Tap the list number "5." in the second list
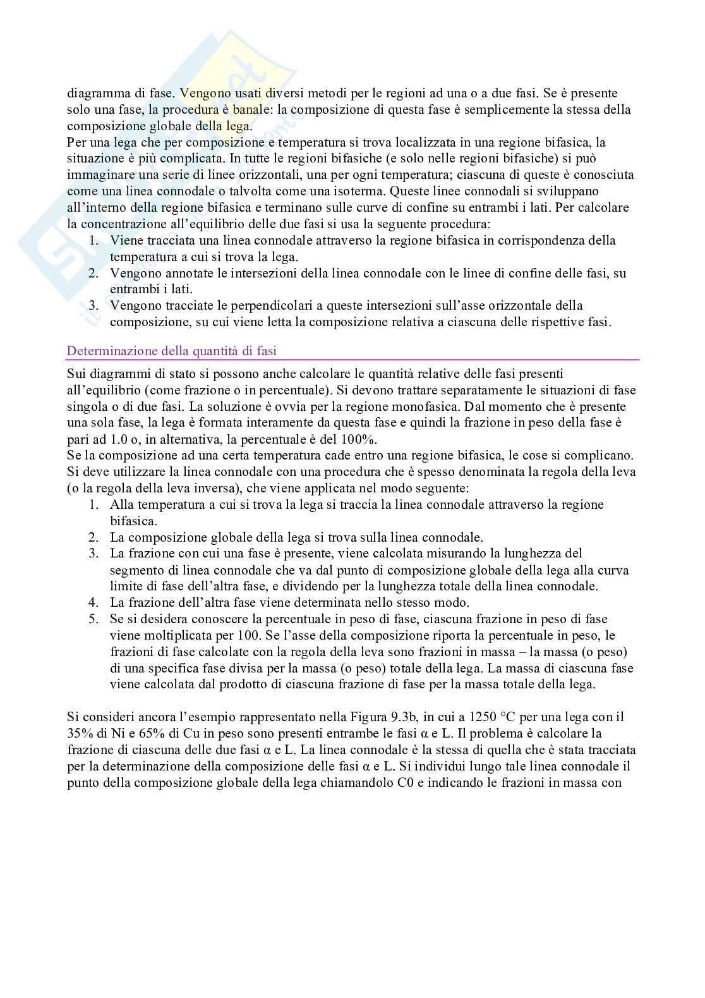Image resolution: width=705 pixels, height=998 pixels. click(93, 619)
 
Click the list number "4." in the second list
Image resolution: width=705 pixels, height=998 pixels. click(93, 602)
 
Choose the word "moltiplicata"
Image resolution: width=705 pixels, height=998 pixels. click(166, 635)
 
